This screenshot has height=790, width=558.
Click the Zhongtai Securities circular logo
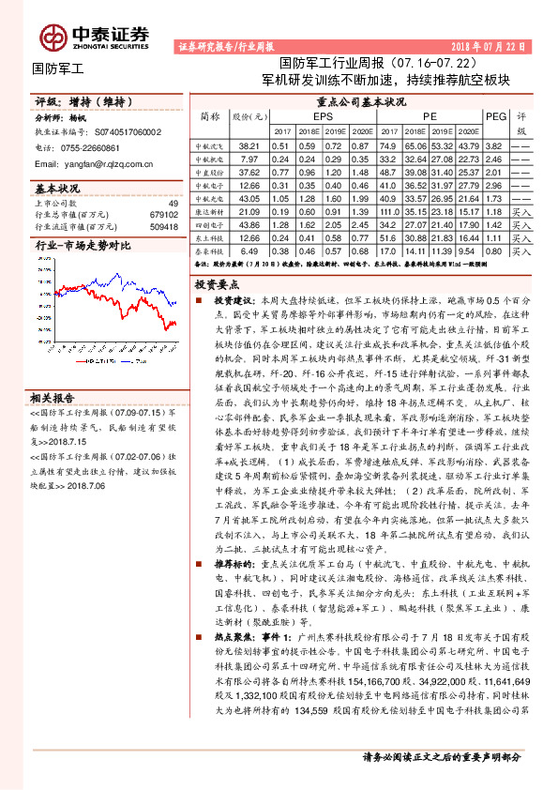tap(53, 36)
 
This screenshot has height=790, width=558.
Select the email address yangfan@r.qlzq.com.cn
tap(105, 162)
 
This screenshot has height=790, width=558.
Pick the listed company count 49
tap(173, 203)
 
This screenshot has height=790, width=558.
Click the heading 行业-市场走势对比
tap(69, 246)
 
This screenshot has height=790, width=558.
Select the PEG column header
tap(495, 115)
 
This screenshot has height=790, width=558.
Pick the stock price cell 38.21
tap(249, 147)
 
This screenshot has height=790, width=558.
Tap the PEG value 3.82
tap(494, 147)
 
